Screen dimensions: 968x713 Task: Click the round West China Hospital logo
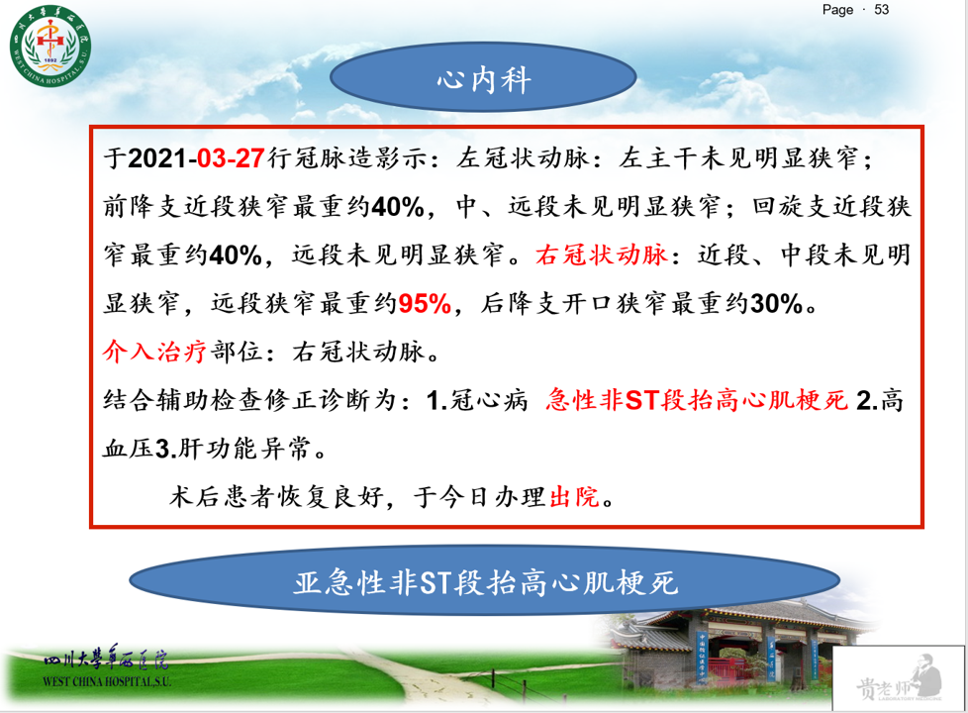pyautogui.click(x=50, y=47)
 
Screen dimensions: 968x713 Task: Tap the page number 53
pyautogui.click(x=881, y=10)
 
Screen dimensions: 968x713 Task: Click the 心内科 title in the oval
pyautogui.click(x=484, y=79)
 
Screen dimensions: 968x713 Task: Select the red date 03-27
pyautogui.click(x=231, y=158)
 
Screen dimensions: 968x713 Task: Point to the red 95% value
pyautogui.click(x=426, y=303)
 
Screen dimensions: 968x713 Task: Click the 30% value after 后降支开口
pyautogui.click(x=776, y=303)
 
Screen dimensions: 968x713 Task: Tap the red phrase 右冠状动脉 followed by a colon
pyautogui.click(x=602, y=255)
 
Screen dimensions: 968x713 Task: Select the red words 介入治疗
pyautogui.click(x=154, y=352)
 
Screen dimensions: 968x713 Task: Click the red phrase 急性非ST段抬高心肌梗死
pyautogui.click(x=697, y=400)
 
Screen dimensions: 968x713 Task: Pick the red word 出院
pyautogui.click(x=574, y=496)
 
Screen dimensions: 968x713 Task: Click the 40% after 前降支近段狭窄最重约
pyautogui.click(x=398, y=207)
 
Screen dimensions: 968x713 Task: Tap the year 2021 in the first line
pyautogui.click(x=157, y=158)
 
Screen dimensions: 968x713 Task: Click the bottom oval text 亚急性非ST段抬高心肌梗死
pyautogui.click(x=485, y=582)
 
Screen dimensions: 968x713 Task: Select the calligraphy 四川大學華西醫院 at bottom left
pyautogui.click(x=106, y=659)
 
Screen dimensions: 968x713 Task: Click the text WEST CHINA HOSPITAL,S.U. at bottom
pyautogui.click(x=107, y=681)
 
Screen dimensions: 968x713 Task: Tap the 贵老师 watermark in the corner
pyautogui.click(x=899, y=679)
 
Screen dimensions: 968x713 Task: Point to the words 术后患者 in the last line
pyautogui.click(x=222, y=496)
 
